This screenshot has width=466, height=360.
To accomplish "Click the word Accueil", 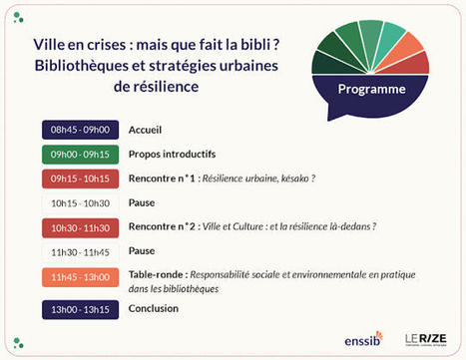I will tap(146, 130).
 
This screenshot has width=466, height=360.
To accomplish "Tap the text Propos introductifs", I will tap(172, 155).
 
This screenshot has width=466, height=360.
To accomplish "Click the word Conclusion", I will tap(154, 308).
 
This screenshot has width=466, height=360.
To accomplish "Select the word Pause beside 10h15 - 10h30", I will tap(142, 202).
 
